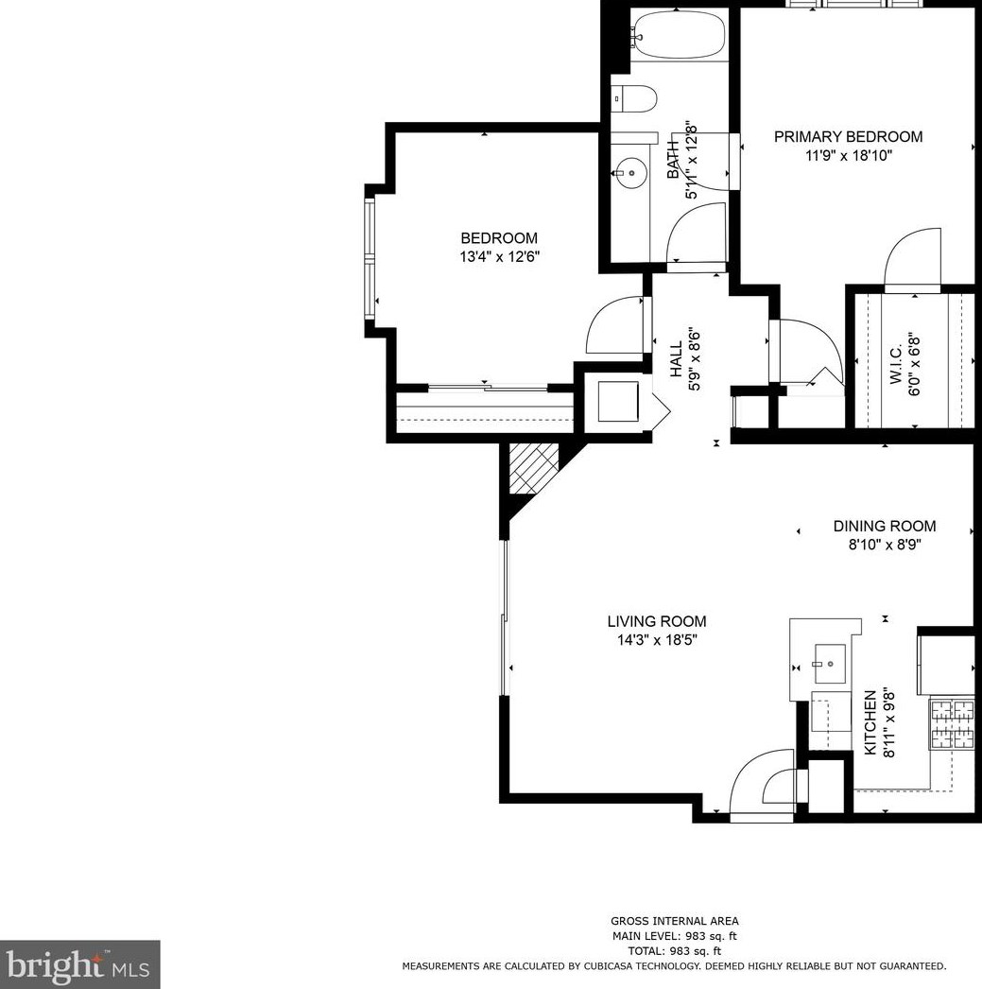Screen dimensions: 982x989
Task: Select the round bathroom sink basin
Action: click(x=631, y=173)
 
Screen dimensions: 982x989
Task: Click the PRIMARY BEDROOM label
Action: click(x=848, y=136)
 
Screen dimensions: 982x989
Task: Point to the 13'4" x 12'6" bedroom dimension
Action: click(x=500, y=257)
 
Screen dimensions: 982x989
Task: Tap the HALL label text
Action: click(x=676, y=359)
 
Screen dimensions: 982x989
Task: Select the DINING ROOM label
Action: click(x=885, y=526)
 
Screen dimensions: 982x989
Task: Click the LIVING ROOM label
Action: click(x=657, y=621)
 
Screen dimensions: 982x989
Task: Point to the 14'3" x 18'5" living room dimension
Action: click(x=657, y=640)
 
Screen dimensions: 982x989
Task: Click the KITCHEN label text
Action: click(x=870, y=722)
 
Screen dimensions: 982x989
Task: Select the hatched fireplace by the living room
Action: click(x=534, y=468)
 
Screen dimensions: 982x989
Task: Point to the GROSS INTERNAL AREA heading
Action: click(x=675, y=921)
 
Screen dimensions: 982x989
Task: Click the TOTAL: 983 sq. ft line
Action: click(x=675, y=951)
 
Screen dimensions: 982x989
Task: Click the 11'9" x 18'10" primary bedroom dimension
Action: click(x=849, y=155)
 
